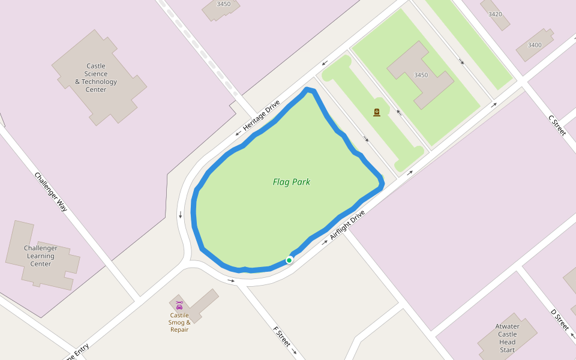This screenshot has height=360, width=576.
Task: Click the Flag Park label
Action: click(291, 182)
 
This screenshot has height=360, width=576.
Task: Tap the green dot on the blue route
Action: click(289, 260)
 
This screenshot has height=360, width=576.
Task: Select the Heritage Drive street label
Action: click(262, 116)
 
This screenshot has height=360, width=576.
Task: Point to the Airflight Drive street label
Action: click(347, 225)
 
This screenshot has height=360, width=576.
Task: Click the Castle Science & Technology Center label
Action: click(96, 78)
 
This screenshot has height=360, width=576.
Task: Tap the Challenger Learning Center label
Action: click(41, 256)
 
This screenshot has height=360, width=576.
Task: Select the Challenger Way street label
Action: click(51, 192)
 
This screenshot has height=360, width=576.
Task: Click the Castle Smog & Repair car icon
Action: click(179, 305)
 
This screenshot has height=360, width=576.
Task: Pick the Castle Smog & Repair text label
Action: click(179, 323)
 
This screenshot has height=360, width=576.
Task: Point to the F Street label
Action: click(282, 337)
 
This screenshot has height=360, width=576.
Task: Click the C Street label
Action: click(557, 125)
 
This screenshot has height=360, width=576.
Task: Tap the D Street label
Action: click(560, 319)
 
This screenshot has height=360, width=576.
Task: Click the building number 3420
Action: click(495, 14)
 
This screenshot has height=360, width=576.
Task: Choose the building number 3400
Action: click(534, 45)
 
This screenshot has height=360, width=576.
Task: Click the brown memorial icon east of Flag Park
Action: click(377, 112)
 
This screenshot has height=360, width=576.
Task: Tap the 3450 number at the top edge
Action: click(223, 4)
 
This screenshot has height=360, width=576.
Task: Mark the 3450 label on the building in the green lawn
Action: click(421, 75)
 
